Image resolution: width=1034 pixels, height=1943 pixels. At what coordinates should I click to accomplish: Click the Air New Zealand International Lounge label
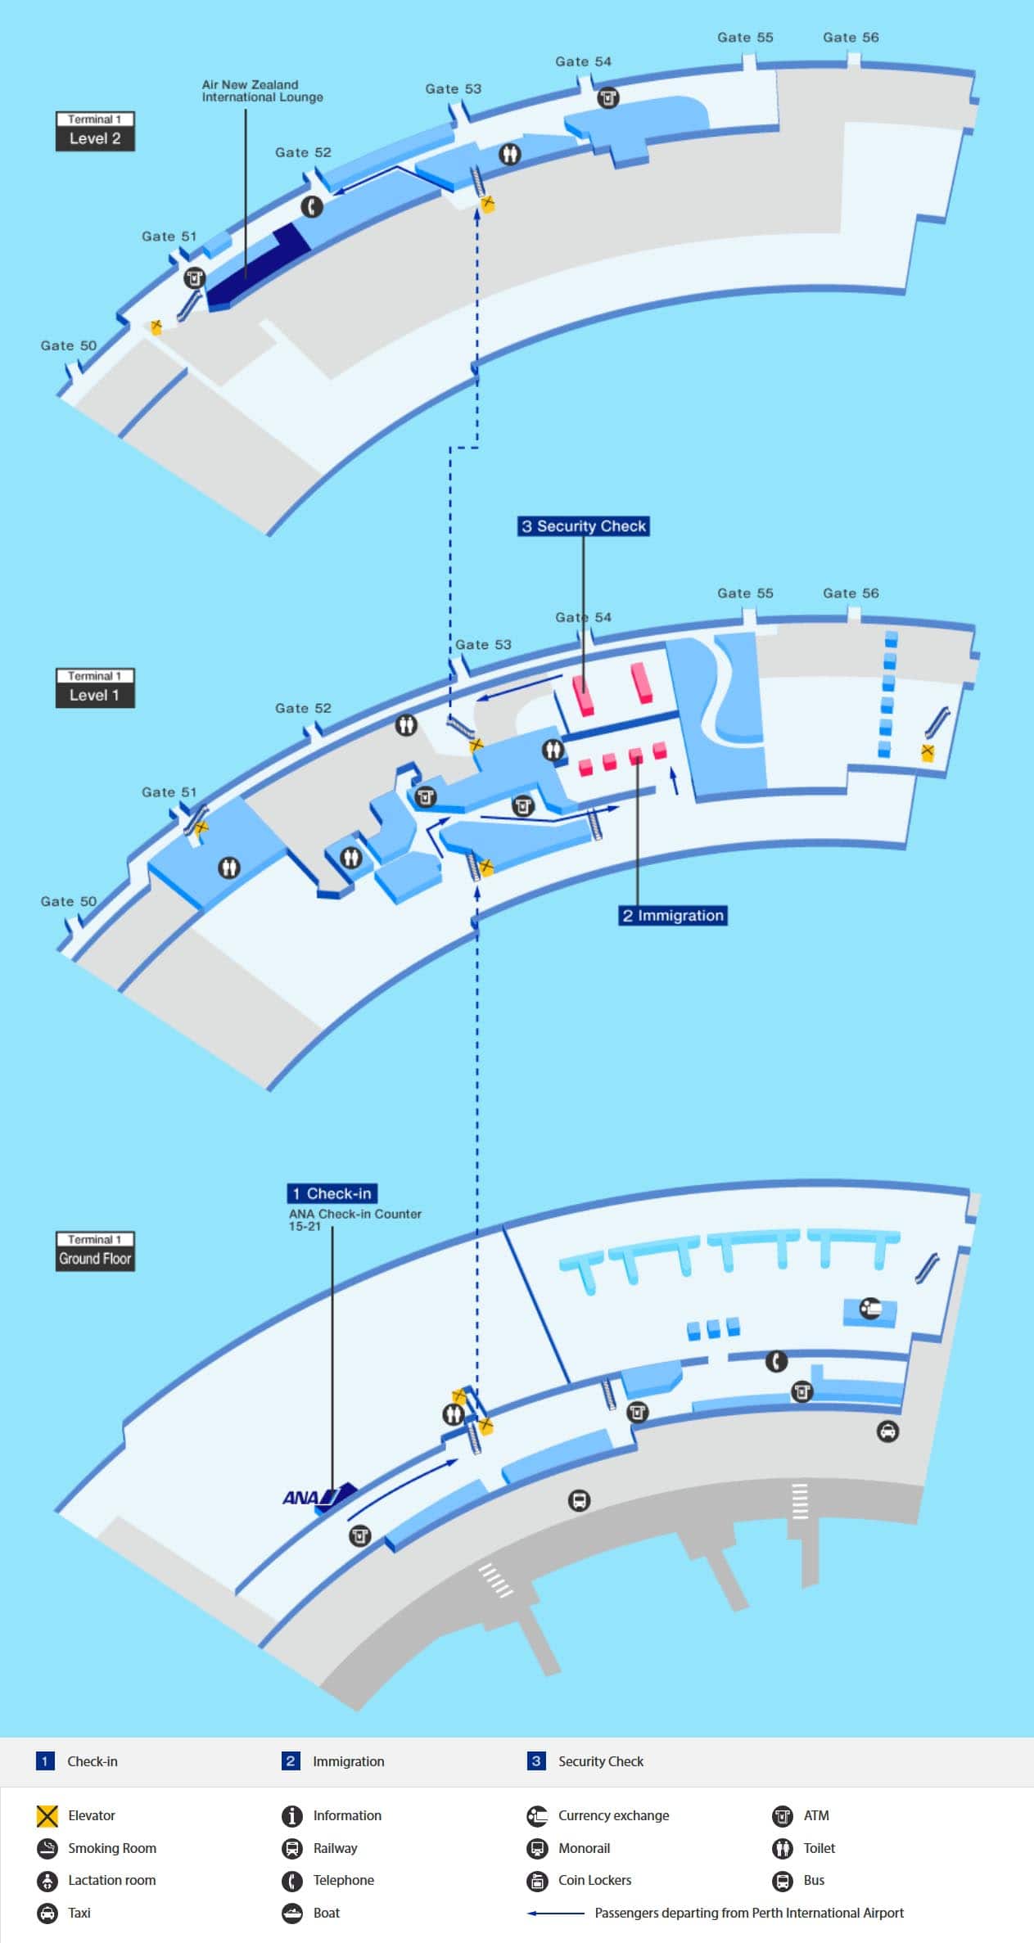pyautogui.click(x=262, y=91)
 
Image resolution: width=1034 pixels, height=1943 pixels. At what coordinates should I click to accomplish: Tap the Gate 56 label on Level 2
pyautogui.click(x=851, y=38)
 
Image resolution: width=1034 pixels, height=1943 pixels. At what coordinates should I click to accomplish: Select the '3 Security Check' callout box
pyautogui.click(x=584, y=526)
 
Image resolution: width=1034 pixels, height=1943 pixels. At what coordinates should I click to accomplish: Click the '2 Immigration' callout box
pyautogui.click(x=673, y=915)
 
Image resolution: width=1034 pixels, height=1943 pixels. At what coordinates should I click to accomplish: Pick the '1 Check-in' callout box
pyautogui.click(x=332, y=1193)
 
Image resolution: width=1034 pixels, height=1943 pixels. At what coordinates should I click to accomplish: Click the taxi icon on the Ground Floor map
pyautogui.click(x=887, y=1431)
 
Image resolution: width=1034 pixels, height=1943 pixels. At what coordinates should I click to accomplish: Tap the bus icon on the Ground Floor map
pyautogui.click(x=579, y=1500)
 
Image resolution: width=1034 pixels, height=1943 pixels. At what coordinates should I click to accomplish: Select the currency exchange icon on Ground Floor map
pyautogui.click(x=869, y=1309)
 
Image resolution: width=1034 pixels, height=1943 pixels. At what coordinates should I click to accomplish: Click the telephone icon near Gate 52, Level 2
pyautogui.click(x=311, y=206)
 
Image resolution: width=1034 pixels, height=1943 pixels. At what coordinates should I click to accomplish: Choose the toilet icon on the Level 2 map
pyautogui.click(x=510, y=154)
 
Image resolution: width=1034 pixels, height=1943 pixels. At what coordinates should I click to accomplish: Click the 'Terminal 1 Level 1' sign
pyautogui.click(x=95, y=687)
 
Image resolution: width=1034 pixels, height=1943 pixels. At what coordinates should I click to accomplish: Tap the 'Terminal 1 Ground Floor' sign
pyautogui.click(x=95, y=1251)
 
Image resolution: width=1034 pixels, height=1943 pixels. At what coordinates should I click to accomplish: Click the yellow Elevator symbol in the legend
pyautogui.click(x=47, y=1816)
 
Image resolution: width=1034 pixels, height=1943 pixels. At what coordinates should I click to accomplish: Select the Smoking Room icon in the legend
pyautogui.click(x=47, y=1848)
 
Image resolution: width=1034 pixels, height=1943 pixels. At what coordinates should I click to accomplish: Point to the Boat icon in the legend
pyautogui.click(x=292, y=1913)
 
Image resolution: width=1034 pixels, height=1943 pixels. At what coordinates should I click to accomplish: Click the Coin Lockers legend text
pyautogui.click(x=594, y=1880)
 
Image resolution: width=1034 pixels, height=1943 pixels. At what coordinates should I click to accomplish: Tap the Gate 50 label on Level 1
pyautogui.click(x=69, y=901)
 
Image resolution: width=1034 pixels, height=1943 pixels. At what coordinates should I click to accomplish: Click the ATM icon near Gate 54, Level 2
pyautogui.click(x=607, y=98)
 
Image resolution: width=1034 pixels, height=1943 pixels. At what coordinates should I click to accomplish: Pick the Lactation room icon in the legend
pyautogui.click(x=47, y=1881)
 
